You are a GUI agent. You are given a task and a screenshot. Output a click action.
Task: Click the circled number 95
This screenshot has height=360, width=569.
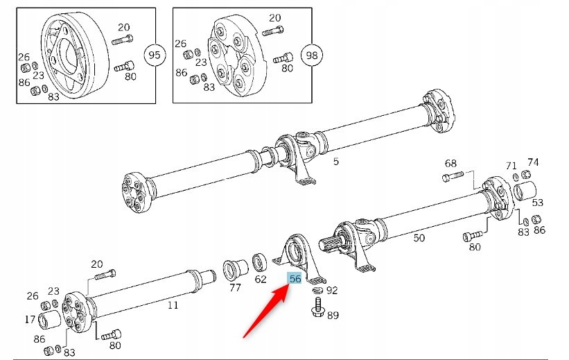154,54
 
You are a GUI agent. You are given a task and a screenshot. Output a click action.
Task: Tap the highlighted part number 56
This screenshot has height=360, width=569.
295,279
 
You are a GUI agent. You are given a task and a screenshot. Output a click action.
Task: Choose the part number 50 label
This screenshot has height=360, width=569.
419,238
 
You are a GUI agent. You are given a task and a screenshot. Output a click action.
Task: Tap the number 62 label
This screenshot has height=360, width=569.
260,280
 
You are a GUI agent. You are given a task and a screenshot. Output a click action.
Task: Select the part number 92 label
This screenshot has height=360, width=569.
332,291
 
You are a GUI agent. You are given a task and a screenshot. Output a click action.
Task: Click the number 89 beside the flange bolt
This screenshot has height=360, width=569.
333,316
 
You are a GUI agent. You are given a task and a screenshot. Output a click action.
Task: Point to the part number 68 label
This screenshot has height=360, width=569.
450,164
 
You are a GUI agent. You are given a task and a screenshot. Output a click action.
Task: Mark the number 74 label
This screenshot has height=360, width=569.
533,162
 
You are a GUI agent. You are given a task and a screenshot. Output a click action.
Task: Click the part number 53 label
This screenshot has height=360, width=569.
537,203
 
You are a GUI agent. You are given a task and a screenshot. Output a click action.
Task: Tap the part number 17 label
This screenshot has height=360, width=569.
30,320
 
